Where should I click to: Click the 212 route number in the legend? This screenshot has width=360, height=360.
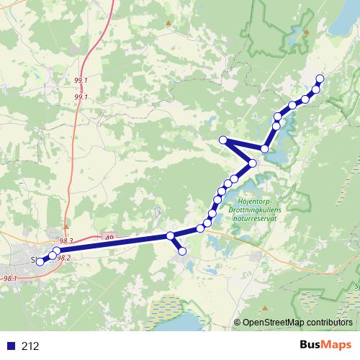point(31,346)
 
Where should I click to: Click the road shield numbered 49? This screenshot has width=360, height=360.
point(109,235)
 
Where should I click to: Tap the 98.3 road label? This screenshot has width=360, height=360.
point(68,240)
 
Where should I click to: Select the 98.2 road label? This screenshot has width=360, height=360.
point(64,258)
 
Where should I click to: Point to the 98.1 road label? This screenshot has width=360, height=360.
point(10,278)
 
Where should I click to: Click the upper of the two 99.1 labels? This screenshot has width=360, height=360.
point(81,81)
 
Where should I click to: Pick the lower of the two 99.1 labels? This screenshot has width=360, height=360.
point(81,96)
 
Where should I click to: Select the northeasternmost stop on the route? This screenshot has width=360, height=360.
point(320,78)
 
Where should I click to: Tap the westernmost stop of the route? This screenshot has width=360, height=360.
point(40,261)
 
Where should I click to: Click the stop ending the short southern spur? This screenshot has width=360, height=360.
point(182,251)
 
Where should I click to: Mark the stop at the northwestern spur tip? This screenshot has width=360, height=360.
point(223,140)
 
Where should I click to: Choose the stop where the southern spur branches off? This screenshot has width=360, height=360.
point(171,235)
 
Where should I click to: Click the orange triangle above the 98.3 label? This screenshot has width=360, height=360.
point(65,225)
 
